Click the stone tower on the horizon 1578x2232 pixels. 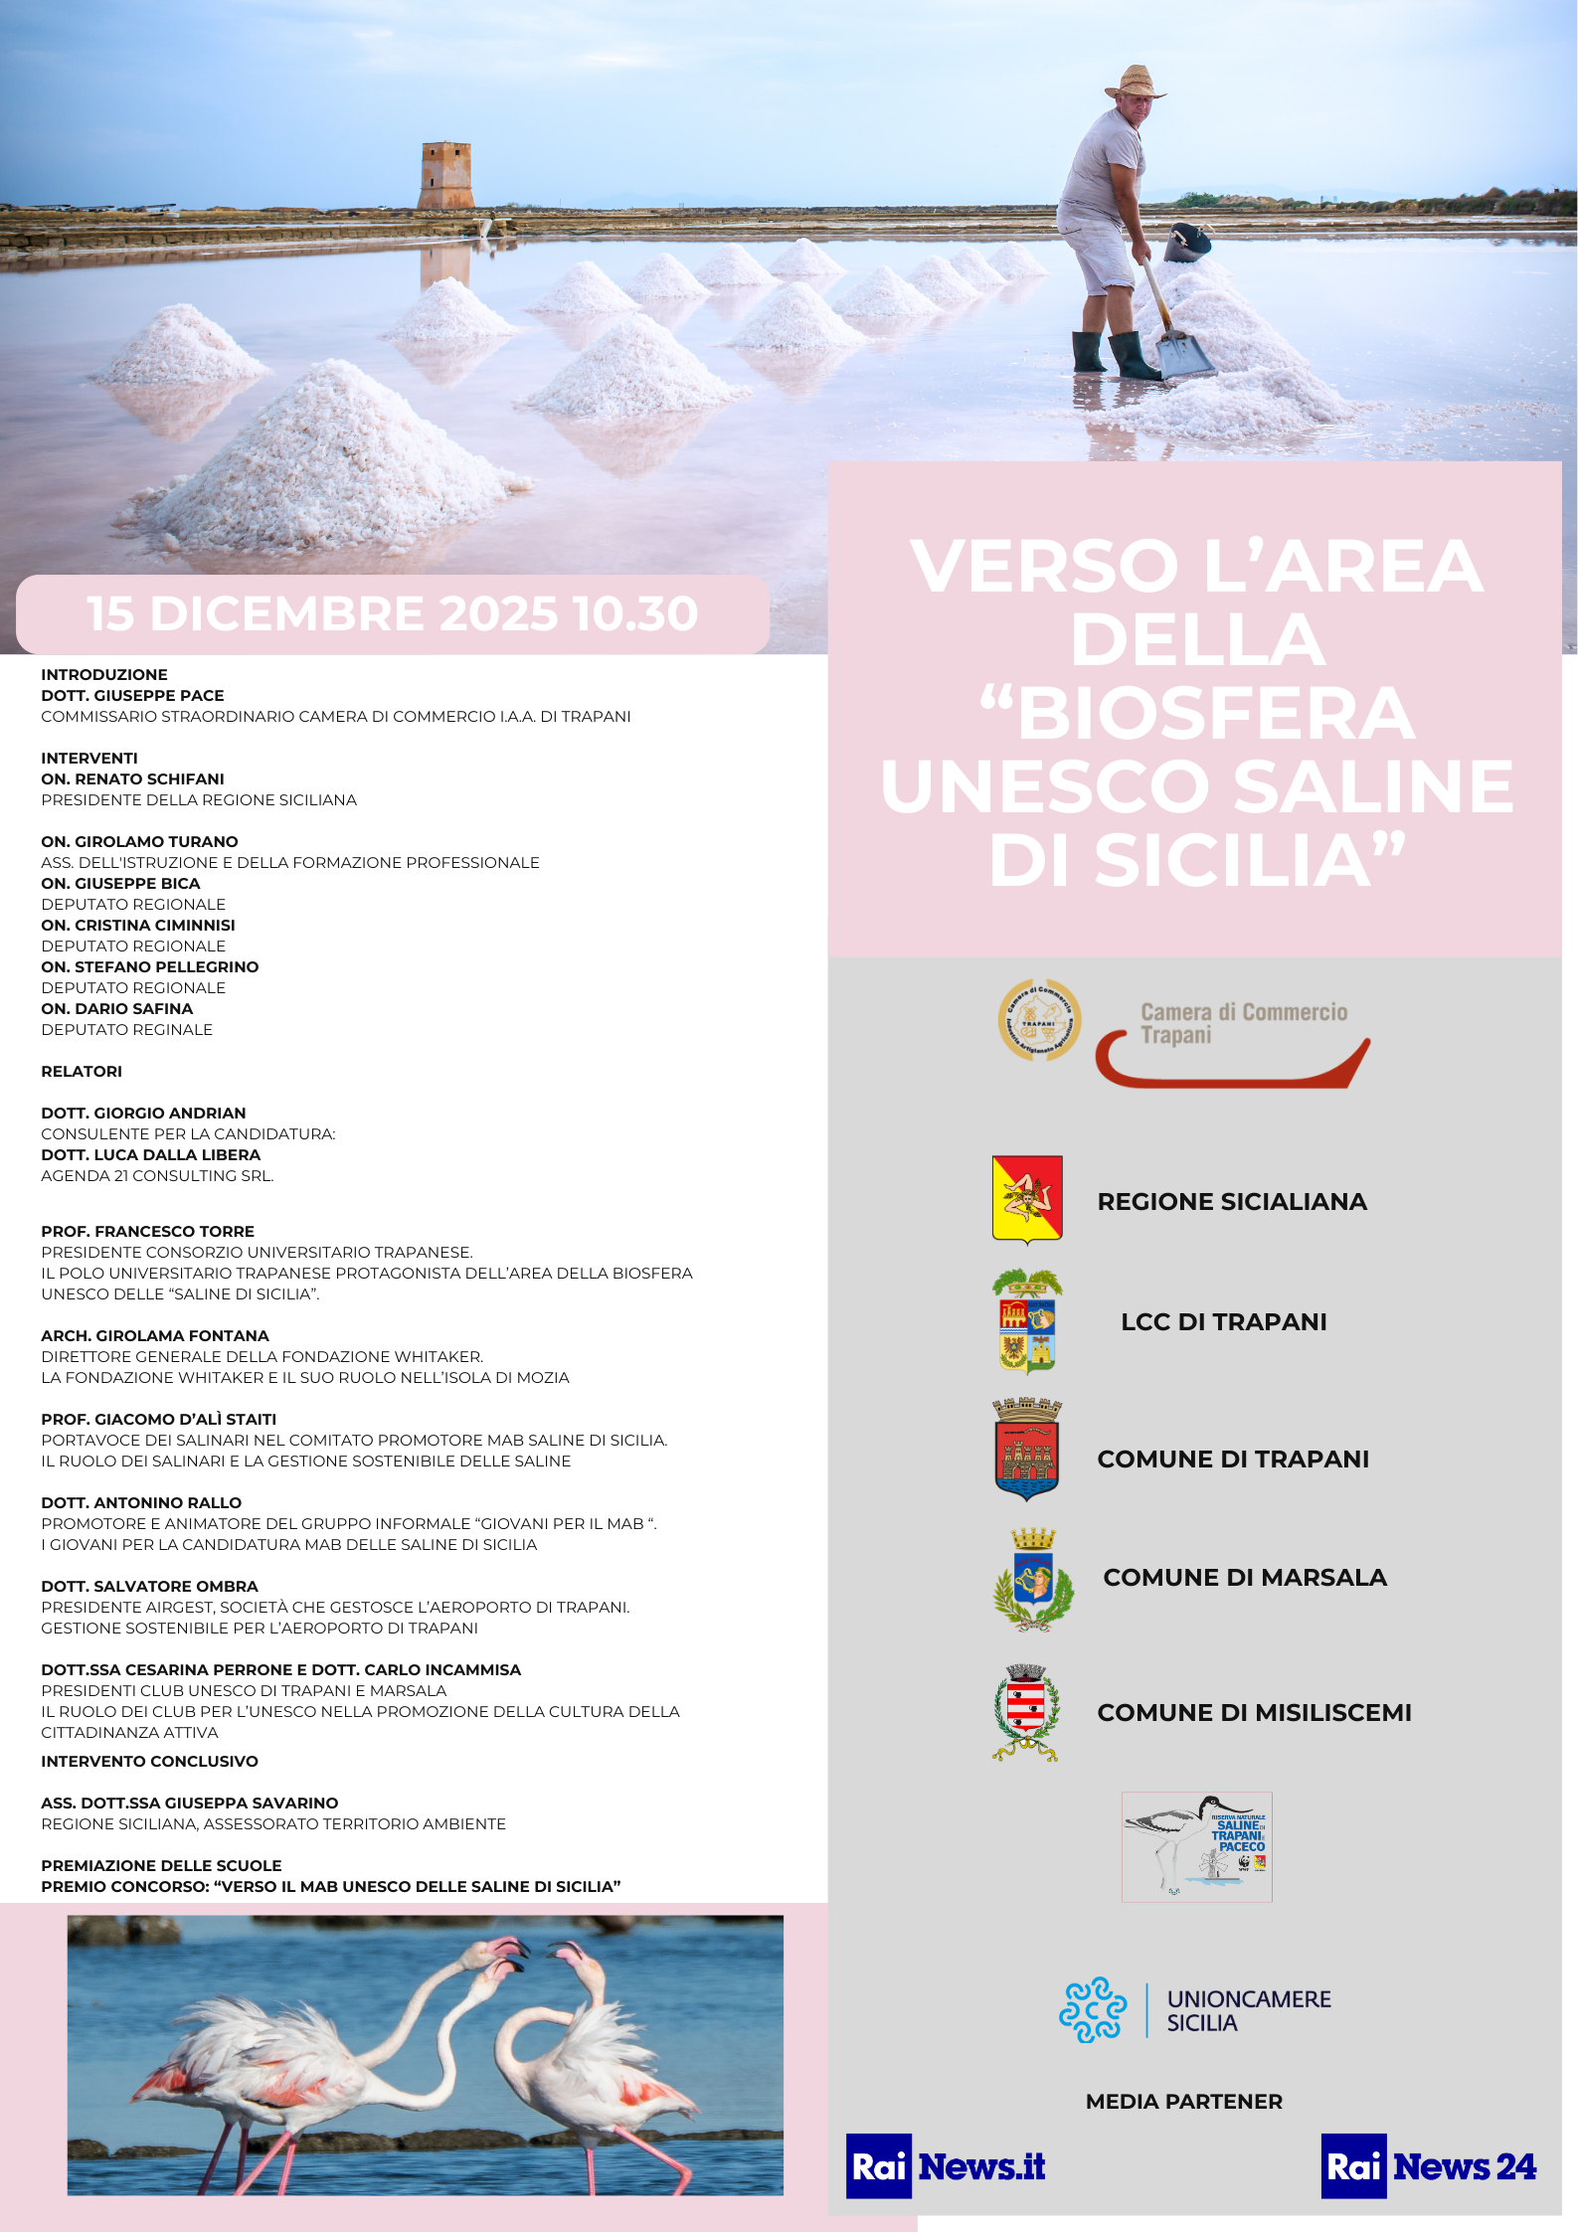[x=444, y=176]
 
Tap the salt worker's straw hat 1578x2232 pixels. [x=1135, y=83]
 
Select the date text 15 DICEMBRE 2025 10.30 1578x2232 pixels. [x=392, y=613]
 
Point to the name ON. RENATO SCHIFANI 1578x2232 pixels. [x=132, y=778]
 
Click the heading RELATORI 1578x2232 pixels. [x=82, y=1071]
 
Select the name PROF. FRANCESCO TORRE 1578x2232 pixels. [x=147, y=1231]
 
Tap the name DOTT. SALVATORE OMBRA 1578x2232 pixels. [x=149, y=1586]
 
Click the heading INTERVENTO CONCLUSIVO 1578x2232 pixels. [x=149, y=1761]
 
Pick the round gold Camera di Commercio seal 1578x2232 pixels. [x=1039, y=1020]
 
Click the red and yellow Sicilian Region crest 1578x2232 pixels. [x=1027, y=1199]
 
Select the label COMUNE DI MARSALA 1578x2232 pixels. [x=1244, y=1577]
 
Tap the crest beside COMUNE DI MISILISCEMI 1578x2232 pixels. [x=1026, y=1712]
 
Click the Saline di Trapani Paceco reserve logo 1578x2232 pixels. [x=1196, y=1846]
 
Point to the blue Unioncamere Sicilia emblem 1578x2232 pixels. [x=1092, y=2009]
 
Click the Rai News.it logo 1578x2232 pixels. [x=946, y=2165]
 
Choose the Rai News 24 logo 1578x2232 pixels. [x=1429, y=2165]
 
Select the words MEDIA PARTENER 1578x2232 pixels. [x=1183, y=2101]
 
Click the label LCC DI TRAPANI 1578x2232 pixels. [x=1223, y=1321]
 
